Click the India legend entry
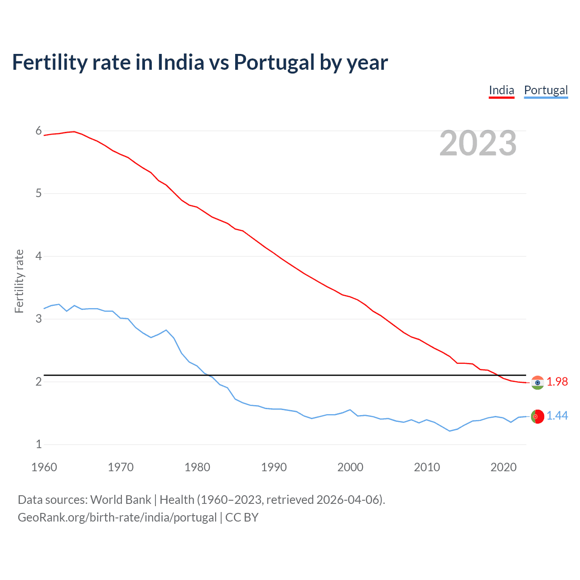tap(501, 90)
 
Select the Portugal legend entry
tap(546, 90)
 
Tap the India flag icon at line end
tap(537, 383)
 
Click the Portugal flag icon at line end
tap(537, 416)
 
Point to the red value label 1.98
tap(557, 382)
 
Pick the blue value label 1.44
tap(557, 416)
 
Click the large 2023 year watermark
tap(478, 143)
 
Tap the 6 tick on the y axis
tap(39, 131)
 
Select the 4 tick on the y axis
tap(39, 256)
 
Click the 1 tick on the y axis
tap(39, 445)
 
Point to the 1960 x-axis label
tap(44, 467)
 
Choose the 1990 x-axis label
tap(274, 467)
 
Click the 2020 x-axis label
tap(503, 467)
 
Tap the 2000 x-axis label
tap(350, 467)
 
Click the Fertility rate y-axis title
tap(19, 281)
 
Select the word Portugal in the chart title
tap(274, 63)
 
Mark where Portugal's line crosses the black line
tap(208, 375)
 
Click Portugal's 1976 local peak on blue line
tap(166, 330)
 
